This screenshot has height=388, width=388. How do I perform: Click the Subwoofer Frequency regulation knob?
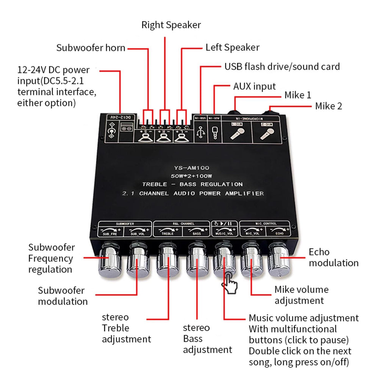[110, 262]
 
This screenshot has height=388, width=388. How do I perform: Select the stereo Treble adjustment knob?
[168, 261]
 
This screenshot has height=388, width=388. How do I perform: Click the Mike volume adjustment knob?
[252, 260]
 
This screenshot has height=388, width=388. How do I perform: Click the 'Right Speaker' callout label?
[171, 25]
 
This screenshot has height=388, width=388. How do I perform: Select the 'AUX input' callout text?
[254, 86]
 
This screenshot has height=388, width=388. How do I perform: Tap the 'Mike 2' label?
[329, 106]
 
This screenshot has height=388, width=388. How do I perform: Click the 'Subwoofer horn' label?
[91, 48]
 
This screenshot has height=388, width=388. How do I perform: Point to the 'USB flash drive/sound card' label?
[282, 67]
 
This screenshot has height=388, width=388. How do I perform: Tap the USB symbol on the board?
[200, 133]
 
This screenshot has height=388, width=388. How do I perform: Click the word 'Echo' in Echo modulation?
[319, 252]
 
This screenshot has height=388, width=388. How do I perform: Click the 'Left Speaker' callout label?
[232, 47]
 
